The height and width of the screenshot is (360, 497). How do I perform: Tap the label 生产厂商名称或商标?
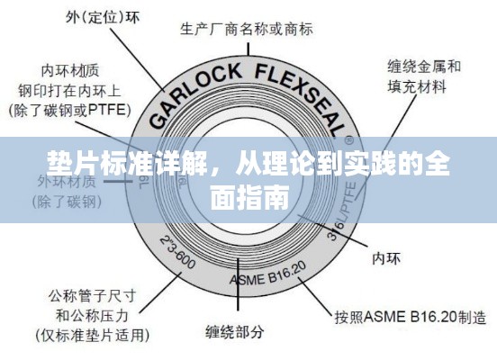click(248, 29)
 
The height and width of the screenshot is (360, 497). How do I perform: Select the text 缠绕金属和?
click(424, 66)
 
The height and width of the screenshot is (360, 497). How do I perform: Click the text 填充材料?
click(417, 87)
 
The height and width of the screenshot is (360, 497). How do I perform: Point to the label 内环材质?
click(71, 68)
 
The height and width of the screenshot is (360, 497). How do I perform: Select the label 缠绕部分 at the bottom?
click(233, 332)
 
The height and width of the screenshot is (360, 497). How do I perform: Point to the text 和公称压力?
click(92, 315)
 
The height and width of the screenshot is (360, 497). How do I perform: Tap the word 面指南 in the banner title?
click(248, 195)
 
